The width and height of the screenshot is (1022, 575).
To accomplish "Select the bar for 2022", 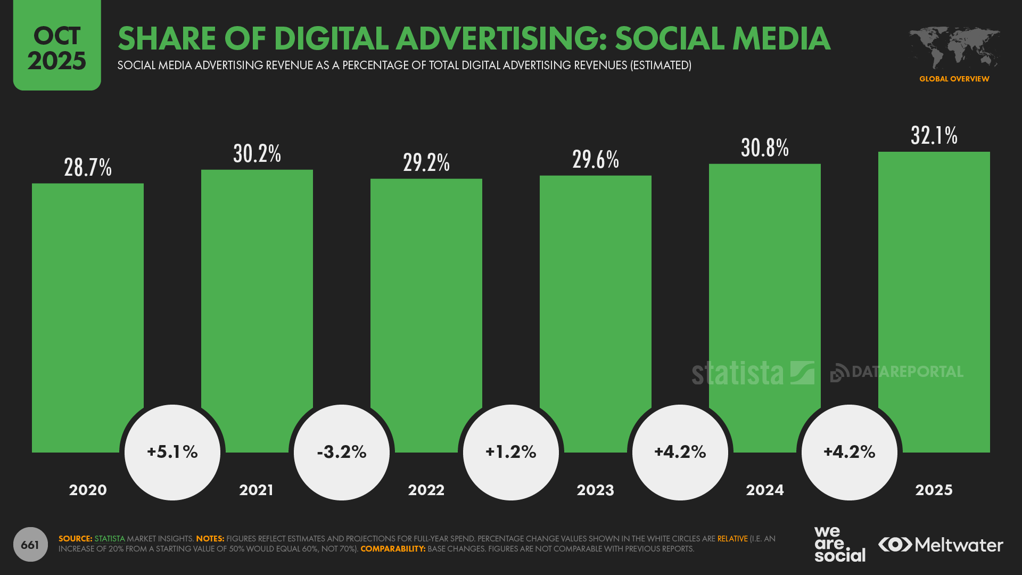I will (x=426, y=298).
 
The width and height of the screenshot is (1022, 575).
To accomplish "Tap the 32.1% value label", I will (x=934, y=136).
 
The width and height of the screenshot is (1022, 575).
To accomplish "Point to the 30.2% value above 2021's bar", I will (x=257, y=154).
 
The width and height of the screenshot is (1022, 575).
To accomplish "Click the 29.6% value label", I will (x=596, y=160).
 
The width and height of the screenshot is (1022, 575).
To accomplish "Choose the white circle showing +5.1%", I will (x=172, y=452).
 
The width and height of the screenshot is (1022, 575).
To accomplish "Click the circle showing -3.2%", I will (x=342, y=452).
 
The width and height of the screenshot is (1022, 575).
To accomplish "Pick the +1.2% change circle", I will (x=511, y=452).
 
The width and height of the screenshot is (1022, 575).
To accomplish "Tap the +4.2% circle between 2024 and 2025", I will (x=850, y=452).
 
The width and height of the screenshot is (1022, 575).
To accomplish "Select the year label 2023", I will (x=595, y=490).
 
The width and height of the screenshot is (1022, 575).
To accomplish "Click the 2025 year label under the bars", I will (x=934, y=490).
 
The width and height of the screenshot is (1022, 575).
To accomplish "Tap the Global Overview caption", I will (x=954, y=79).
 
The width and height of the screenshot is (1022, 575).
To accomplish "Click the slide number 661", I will (x=30, y=545).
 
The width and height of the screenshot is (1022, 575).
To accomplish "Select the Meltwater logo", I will (x=941, y=545).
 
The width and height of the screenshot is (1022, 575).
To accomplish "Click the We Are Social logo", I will (x=839, y=544).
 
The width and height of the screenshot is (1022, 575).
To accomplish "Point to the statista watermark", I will (x=753, y=373).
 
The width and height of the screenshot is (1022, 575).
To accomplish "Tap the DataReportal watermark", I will (x=897, y=372).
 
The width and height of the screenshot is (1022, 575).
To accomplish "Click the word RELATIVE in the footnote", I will (x=732, y=539).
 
